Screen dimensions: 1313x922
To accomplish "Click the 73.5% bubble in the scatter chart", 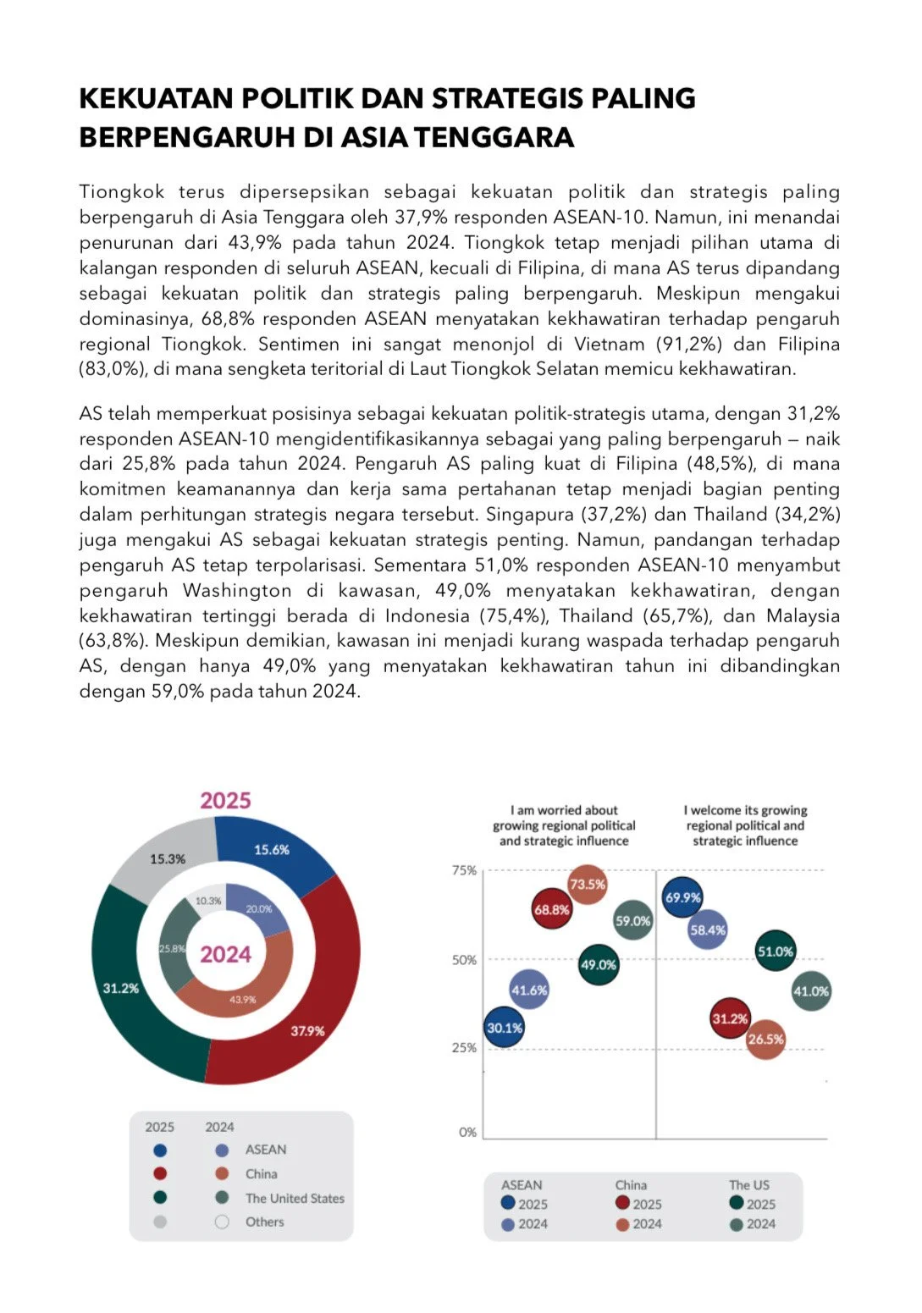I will (x=588, y=885).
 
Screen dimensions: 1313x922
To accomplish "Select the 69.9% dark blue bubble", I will (x=683, y=898).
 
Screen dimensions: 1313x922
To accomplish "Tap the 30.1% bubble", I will (x=505, y=1028).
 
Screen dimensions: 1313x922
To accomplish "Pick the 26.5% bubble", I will (x=765, y=1040).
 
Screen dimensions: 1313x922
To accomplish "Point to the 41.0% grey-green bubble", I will (x=811, y=991).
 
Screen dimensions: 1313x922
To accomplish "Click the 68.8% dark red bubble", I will (x=552, y=910).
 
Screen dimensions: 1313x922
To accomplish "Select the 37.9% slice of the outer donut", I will (x=307, y=1031).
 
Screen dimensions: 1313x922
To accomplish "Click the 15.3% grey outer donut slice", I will (x=168, y=859).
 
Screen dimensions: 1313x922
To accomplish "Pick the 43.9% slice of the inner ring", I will (x=242, y=1000).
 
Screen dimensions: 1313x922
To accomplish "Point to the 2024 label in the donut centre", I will (x=225, y=955).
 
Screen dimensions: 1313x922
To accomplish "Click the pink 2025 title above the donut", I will (x=225, y=801).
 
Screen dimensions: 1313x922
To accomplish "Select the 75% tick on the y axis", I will (x=464, y=870).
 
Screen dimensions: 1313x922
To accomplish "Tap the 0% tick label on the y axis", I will (x=467, y=1132).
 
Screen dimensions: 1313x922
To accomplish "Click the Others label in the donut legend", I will (x=265, y=1222).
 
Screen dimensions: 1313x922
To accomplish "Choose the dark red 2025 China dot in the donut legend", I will (x=160, y=1174).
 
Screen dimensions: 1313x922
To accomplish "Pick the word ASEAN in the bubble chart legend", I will (x=522, y=1185).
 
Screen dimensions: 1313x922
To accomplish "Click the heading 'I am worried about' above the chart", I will (x=564, y=810).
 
